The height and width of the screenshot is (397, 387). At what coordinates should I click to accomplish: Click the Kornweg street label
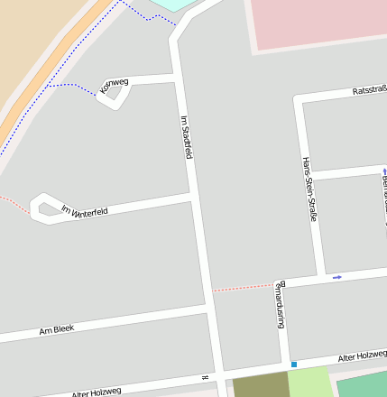tap(115, 85)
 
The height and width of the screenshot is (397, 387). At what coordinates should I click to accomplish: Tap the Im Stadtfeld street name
tap(187, 137)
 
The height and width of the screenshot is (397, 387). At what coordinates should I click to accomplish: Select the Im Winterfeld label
tap(84, 211)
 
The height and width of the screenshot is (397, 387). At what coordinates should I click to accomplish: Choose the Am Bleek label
tap(56, 329)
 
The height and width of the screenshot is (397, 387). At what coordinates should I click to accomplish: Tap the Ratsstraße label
tap(368, 90)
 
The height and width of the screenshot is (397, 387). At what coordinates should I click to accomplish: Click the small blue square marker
tap(293, 365)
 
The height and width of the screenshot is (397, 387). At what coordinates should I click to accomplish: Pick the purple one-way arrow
tap(336, 277)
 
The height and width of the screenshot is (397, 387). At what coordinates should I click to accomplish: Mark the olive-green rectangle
tap(260, 387)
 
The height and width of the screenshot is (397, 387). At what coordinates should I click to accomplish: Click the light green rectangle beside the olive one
tap(309, 383)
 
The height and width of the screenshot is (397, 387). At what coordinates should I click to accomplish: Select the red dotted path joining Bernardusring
tap(242, 288)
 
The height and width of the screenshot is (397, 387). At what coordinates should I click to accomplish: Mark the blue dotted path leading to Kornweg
tap(72, 86)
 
